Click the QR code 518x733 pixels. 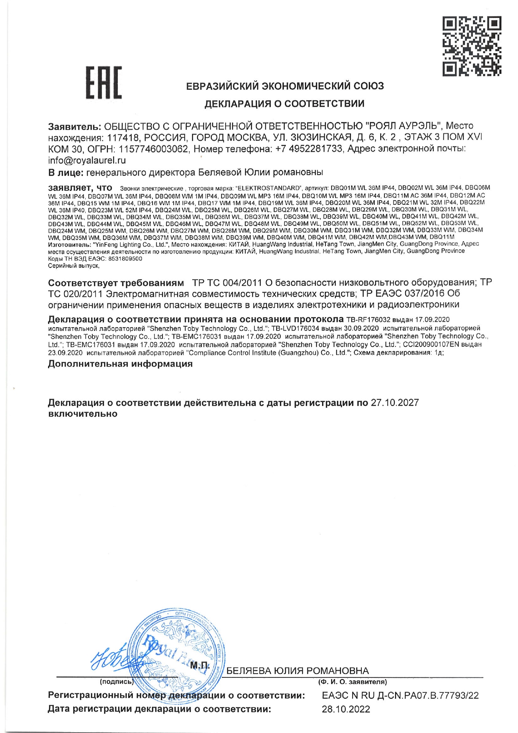(x=472, y=46)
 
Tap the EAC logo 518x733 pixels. (x=104, y=83)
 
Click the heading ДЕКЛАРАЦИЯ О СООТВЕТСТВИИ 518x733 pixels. (x=284, y=104)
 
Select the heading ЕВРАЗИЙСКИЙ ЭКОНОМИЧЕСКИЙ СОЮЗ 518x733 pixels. (x=285, y=86)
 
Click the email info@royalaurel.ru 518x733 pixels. (x=87, y=160)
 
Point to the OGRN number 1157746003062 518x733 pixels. (x=153, y=149)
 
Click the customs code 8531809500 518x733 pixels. (x=125, y=259)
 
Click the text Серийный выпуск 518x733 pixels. (x=74, y=265)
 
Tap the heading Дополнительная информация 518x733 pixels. (x=120, y=364)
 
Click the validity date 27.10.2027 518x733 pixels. (x=395, y=402)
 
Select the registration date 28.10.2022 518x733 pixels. (x=345, y=709)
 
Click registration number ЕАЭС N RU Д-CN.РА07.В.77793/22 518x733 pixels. (x=400, y=695)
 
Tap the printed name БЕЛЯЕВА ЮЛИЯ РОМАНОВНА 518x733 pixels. (x=297, y=671)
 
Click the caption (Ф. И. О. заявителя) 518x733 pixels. (x=352, y=682)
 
